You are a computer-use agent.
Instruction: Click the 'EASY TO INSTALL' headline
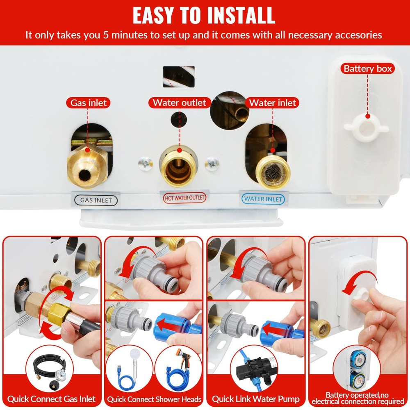click(x=204, y=15)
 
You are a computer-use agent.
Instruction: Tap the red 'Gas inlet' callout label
click(x=89, y=102)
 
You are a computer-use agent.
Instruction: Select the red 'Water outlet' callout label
click(x=179, y=102)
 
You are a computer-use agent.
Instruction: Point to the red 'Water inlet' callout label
click(x=272, y=102)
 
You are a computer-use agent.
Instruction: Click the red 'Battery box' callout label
click(x=368, y=68)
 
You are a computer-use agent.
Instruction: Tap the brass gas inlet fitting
click(x=87, y=166)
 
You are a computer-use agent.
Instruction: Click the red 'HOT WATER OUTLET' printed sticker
click(x=184, y=198)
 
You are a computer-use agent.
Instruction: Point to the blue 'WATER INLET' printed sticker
click(x=263, y=199)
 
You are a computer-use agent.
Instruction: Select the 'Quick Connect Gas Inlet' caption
click(x=51, y=399)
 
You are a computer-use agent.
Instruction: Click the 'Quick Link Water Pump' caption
click(x=256, y=399)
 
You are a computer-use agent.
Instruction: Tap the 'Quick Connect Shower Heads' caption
click(x=154, y=399)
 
